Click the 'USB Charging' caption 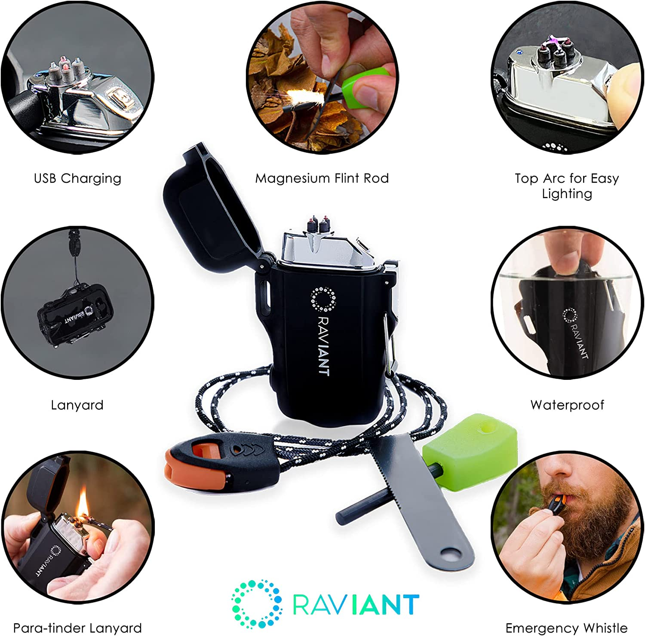tap(77, 178)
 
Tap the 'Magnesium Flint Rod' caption tap(322, 178)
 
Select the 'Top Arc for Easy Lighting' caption tap(567, 186)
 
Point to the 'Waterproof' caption tap(567, 405)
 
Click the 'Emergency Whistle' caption tap(566, 628)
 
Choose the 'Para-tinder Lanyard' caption tap(77, 628)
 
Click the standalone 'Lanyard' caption tap(77, 405)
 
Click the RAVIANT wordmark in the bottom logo tap(356, 604)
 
